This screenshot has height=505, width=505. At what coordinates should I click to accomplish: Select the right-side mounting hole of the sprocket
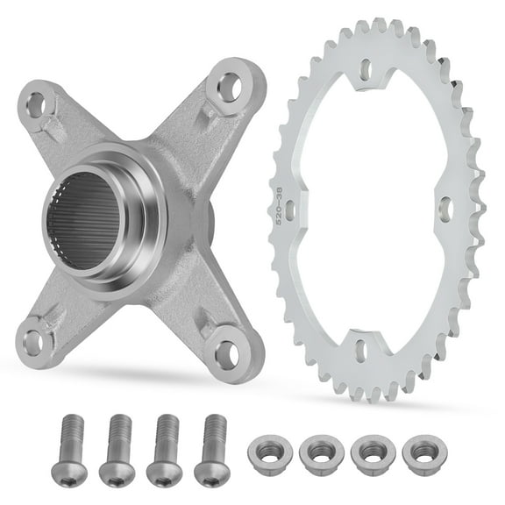coord(445,209)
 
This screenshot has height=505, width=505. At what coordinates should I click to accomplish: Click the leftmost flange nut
coord(268,454)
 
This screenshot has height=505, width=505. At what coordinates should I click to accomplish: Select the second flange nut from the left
coord(317,454)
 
